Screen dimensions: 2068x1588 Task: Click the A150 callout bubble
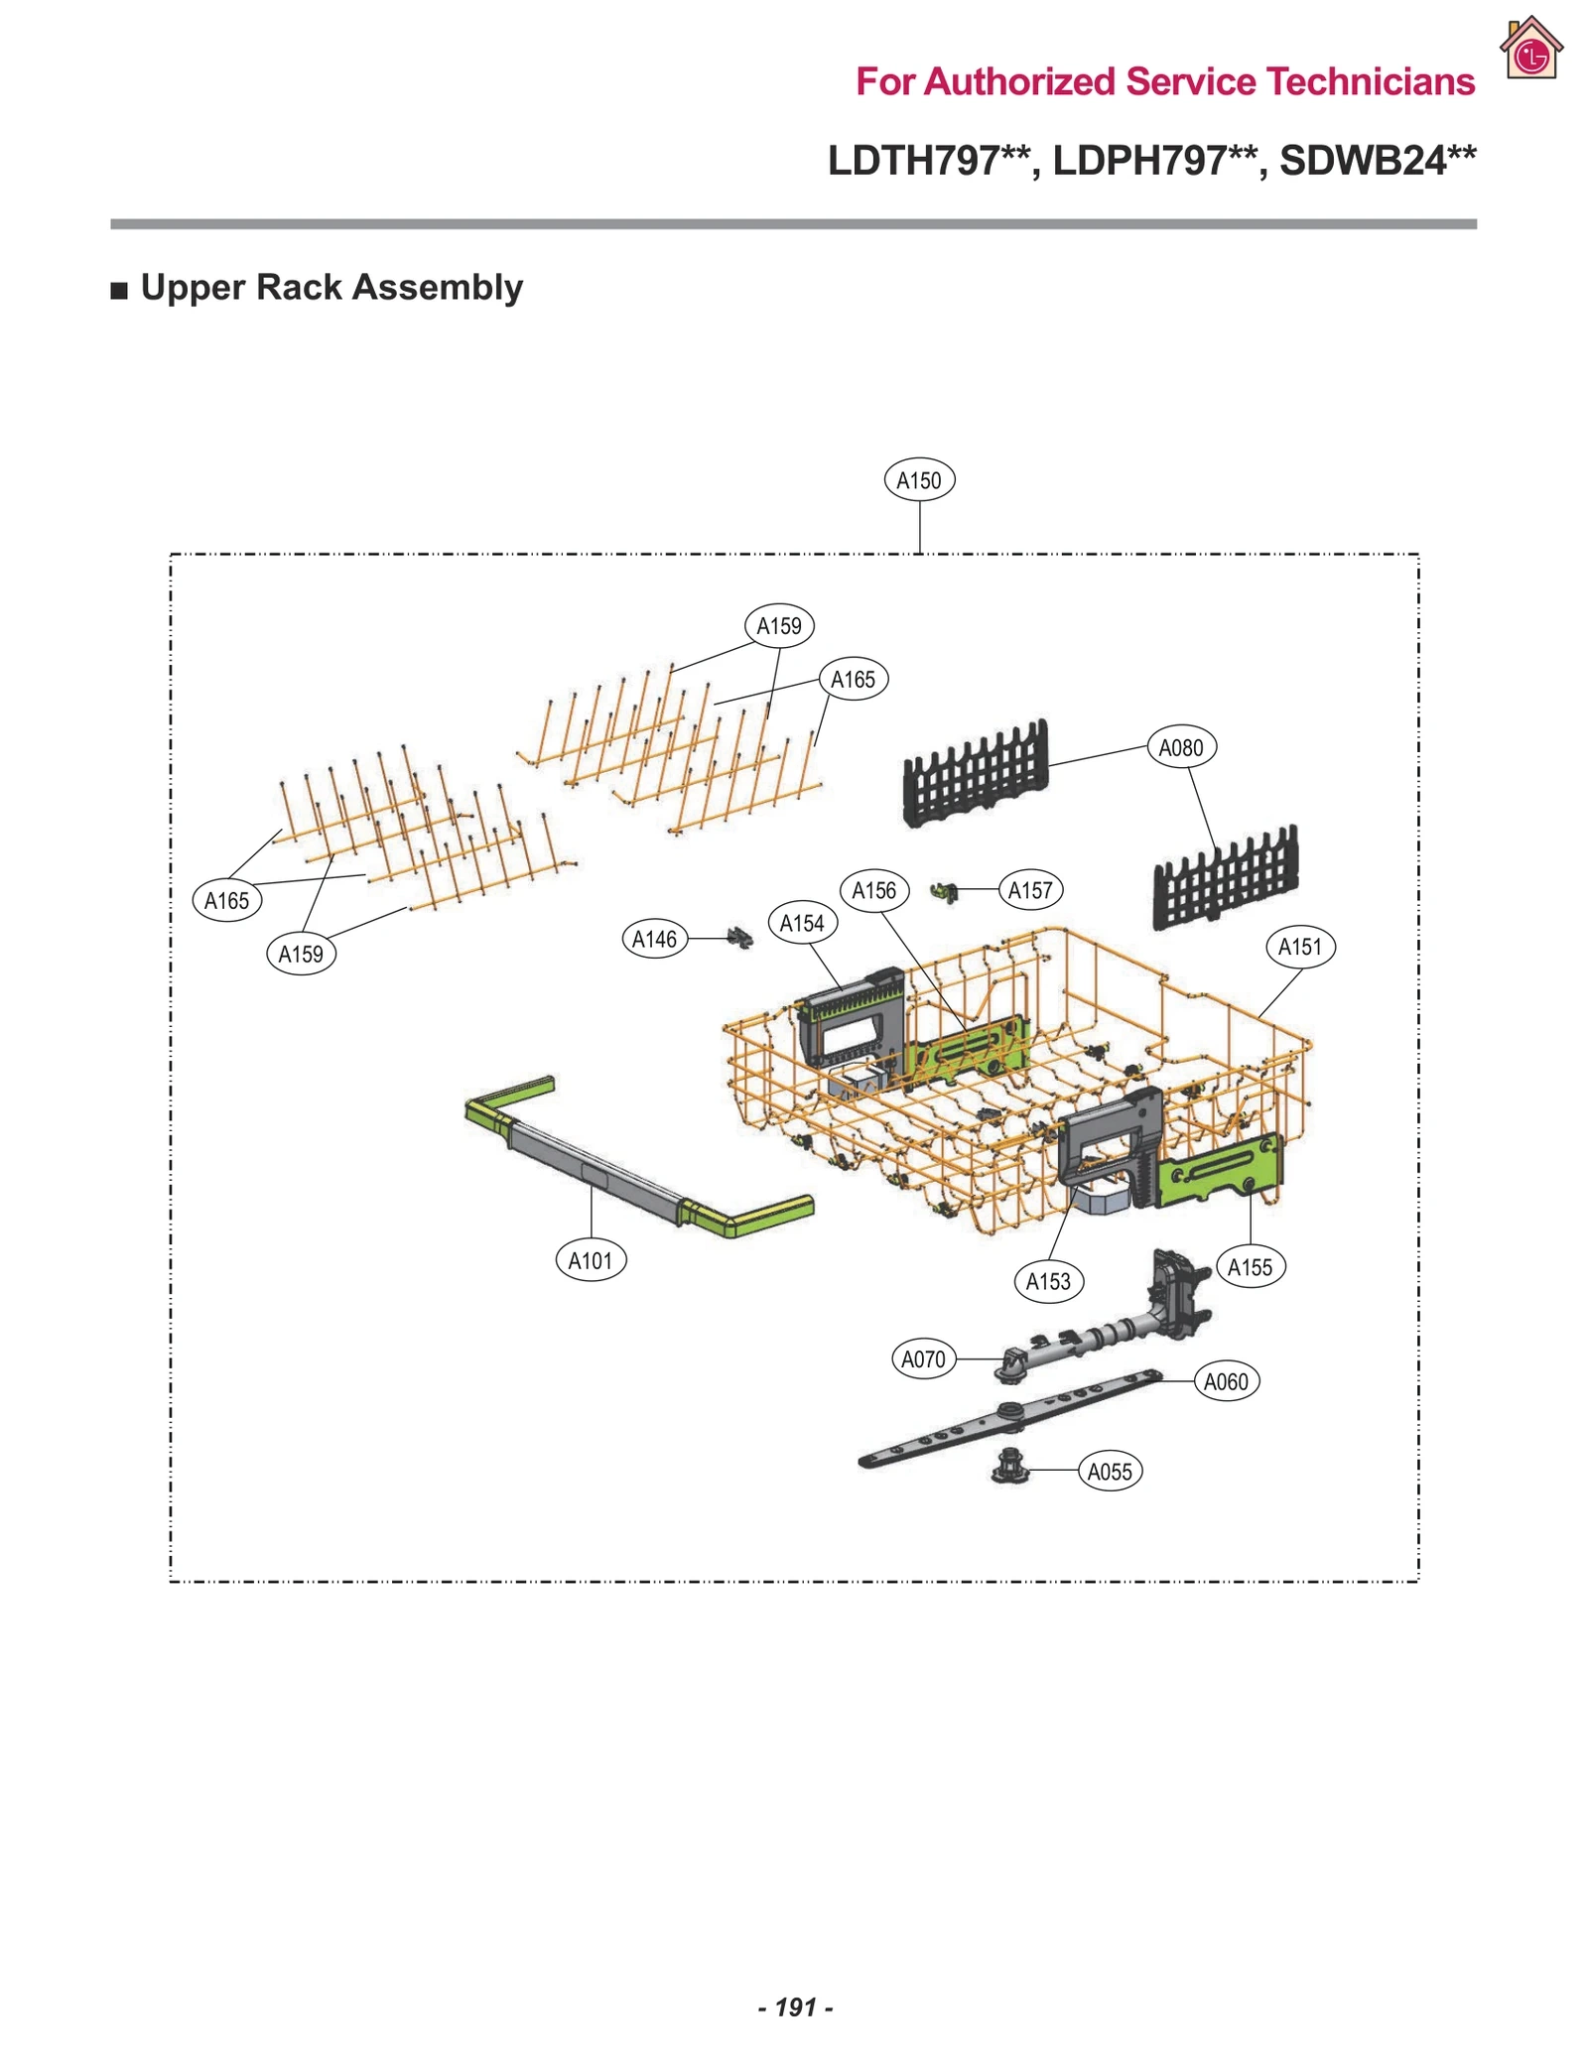(918, 480)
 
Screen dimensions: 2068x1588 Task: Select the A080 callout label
(1180, 747)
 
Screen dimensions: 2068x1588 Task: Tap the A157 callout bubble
(1029, 890)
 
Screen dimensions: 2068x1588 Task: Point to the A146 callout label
(654, 939)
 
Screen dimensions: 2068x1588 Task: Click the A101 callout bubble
(590, 1260)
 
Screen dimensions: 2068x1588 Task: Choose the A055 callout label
(1109, 1471)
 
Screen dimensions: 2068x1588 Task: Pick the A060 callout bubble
(1225, 1381)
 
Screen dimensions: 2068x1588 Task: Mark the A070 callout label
(922, 1358)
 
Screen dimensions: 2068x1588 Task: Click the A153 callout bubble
(1047, 1281)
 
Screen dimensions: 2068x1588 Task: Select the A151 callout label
(1299, 947)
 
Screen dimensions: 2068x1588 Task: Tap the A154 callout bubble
(802, 923)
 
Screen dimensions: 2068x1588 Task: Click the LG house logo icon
(1530, 49)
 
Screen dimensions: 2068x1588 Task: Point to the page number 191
(795, 2006)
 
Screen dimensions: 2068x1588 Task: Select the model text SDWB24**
(1377, 161)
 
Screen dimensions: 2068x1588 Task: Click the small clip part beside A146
(739, 937)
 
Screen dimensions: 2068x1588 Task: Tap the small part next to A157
(945, 891)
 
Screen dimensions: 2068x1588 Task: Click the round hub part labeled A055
(1009, 1466)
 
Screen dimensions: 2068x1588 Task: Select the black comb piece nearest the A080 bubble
(976, 774)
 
